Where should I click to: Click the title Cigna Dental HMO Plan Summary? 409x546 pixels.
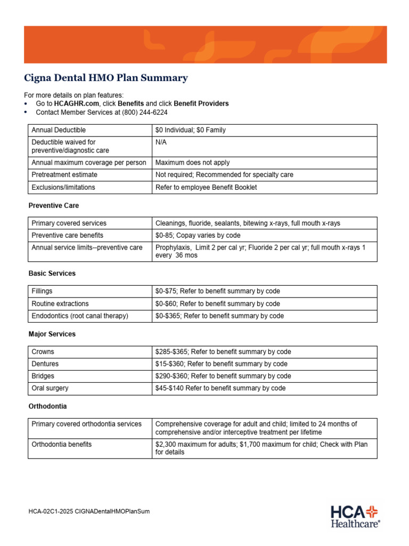click(x=106, y=78)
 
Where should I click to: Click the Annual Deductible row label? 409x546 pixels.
click(x=59, y=130)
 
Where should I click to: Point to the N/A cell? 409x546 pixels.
click(x=161, y=142)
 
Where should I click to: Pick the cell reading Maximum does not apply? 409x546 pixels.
click(x=192, y=163)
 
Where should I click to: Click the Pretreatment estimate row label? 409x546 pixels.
click(x=64, y=175)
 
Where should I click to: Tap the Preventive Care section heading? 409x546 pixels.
click(x=53, y=205)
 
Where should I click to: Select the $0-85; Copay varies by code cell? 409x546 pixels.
click(x=198, y=235)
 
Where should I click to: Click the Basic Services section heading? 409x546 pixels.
click(x=52, y=274)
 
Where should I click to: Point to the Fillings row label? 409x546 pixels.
click(x=42, y=291)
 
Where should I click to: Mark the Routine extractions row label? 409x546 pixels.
click(x=60, y=303)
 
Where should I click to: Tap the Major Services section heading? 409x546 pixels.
click(x=52, y=334)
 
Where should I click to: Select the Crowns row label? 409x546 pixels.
click(x=43, y=352)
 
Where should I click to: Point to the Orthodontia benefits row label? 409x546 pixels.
click(x=62, y=444)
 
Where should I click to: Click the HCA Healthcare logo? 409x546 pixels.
click(x=355, y=516)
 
